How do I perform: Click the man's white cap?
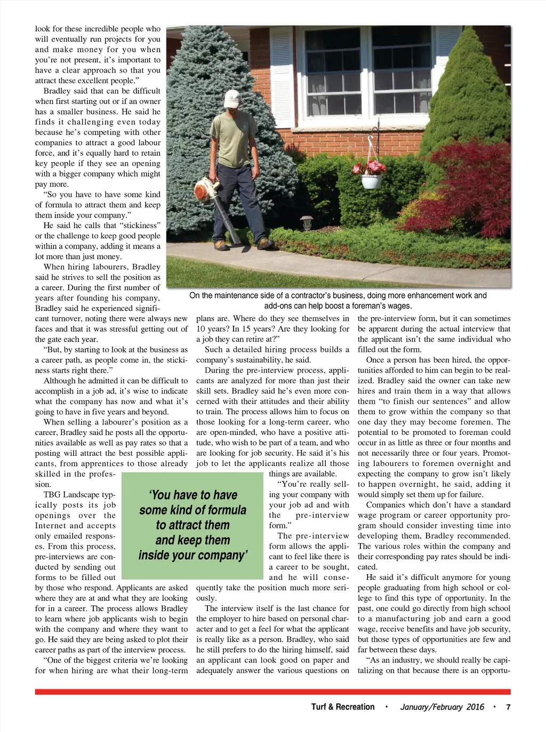[x=231, y=99]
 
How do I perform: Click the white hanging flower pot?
[x=371, y=182]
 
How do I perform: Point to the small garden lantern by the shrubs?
[x=307, y=221]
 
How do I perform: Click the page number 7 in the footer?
[x=508, y=707]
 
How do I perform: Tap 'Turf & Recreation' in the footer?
[x=343, y=707]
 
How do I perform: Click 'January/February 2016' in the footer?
[x=442, y=707]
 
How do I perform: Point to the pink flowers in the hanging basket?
[x=369, y=167]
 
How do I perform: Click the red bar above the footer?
[x=272, y=691]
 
